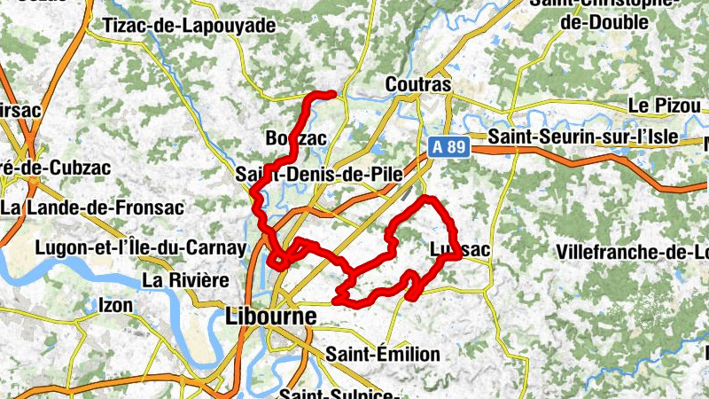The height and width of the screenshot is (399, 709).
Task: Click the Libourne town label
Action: click(272, 316)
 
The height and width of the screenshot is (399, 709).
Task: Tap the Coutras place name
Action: click(419, 85)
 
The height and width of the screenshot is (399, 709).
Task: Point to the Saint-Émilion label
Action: click(382, 355)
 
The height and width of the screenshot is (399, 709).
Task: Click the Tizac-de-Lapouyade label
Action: click(190, 26)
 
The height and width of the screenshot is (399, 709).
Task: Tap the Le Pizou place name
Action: click(664, 105)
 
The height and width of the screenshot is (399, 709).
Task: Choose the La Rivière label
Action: click(185, 280)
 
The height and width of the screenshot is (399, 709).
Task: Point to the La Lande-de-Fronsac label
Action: click(92, 208)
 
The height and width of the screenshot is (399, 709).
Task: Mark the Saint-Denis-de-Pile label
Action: click(320, 176)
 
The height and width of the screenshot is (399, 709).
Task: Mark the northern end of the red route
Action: click(332, 93)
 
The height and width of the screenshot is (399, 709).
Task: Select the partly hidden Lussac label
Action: click(459, 250)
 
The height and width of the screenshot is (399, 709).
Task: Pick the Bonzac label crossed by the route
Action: click(296, 138)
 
